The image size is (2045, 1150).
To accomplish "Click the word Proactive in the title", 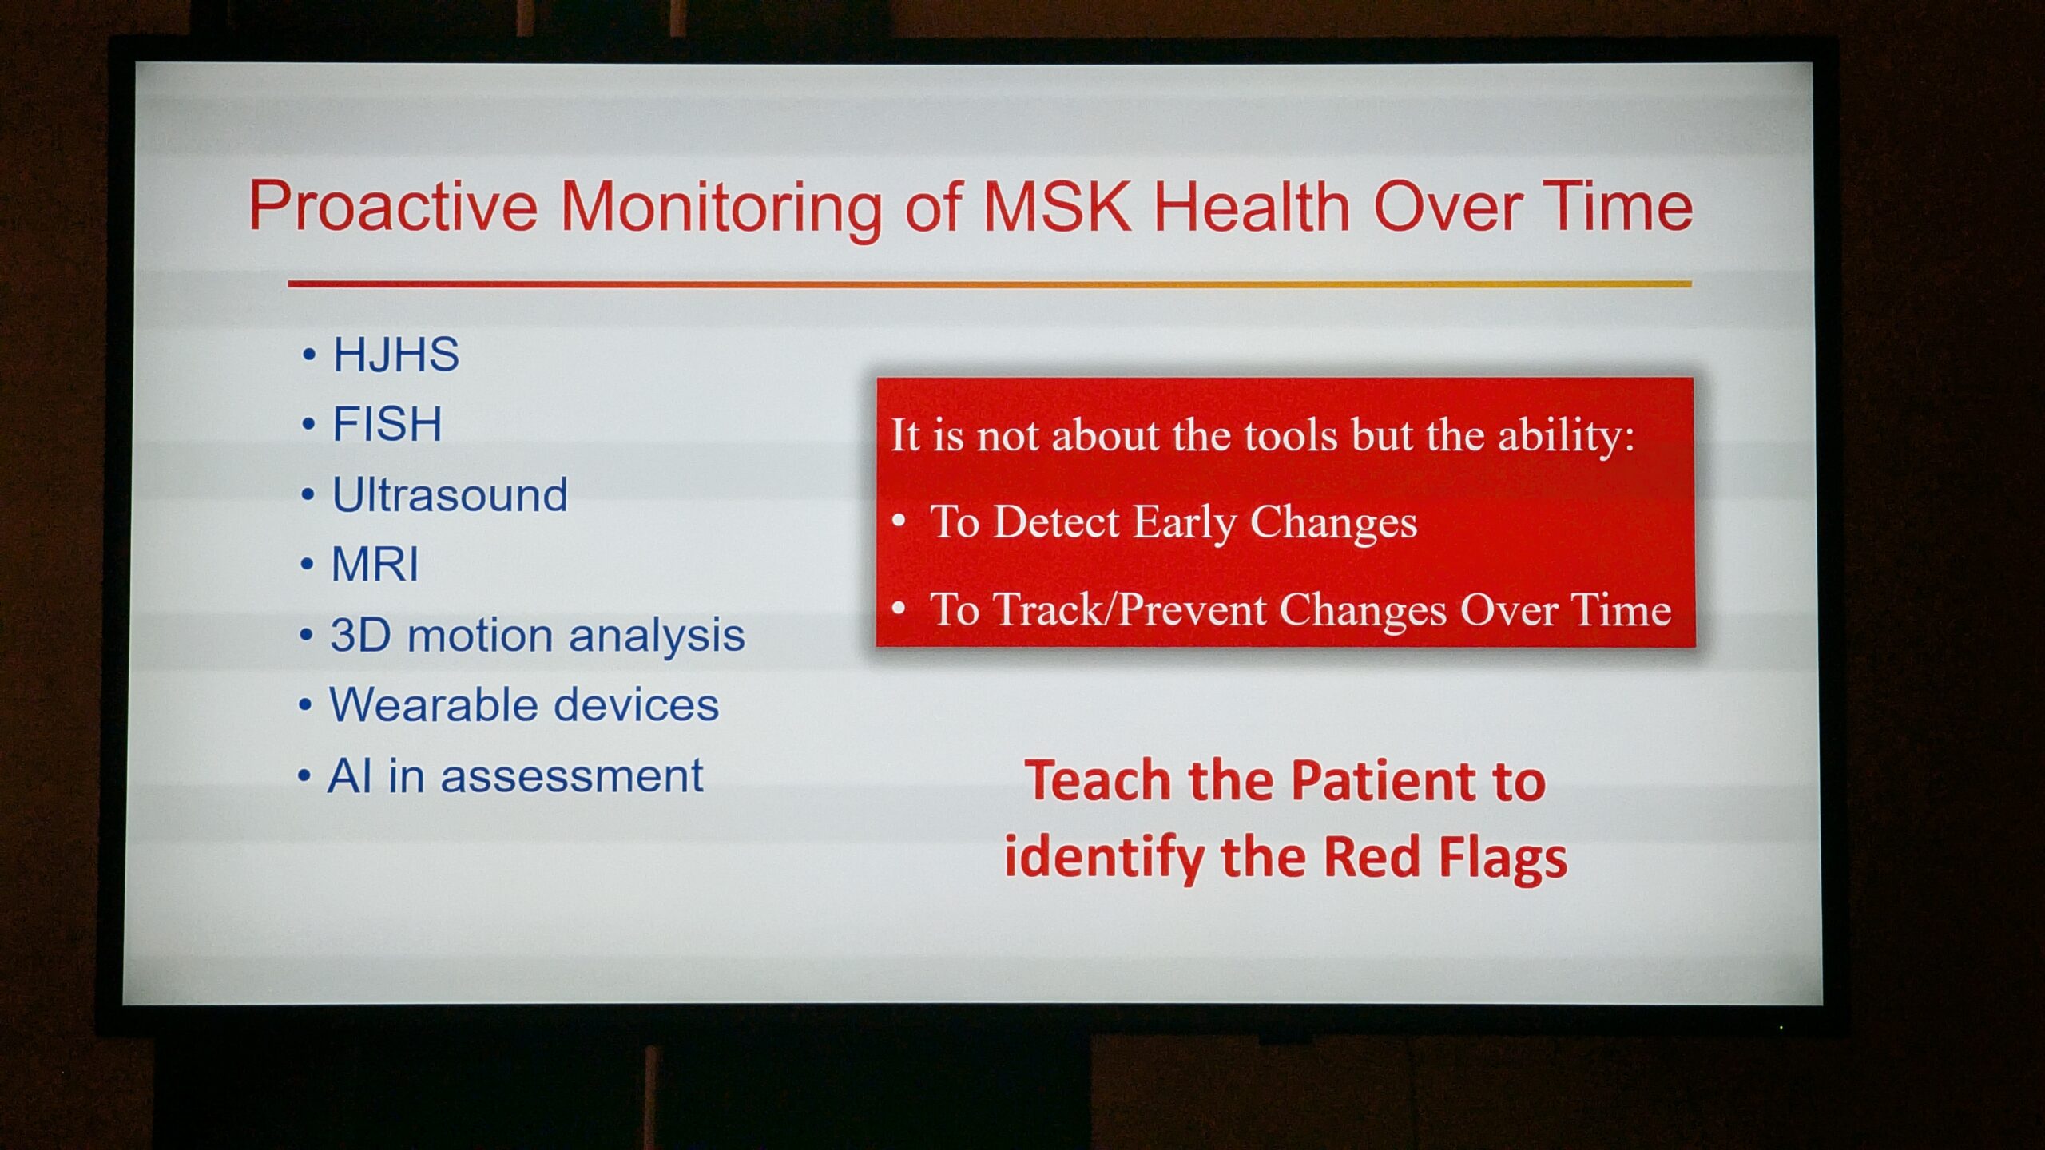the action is pos(393,206).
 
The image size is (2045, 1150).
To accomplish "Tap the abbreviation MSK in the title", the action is pos(1057,206).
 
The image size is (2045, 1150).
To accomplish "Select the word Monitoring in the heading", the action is pos(721,209).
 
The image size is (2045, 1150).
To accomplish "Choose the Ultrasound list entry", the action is pos(450,494).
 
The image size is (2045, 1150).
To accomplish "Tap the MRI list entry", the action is pos(375,565).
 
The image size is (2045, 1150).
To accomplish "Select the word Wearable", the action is pos(432,704).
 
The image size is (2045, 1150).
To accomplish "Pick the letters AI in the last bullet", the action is pos(350,775).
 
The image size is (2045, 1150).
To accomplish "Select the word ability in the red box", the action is pos(1566,437).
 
